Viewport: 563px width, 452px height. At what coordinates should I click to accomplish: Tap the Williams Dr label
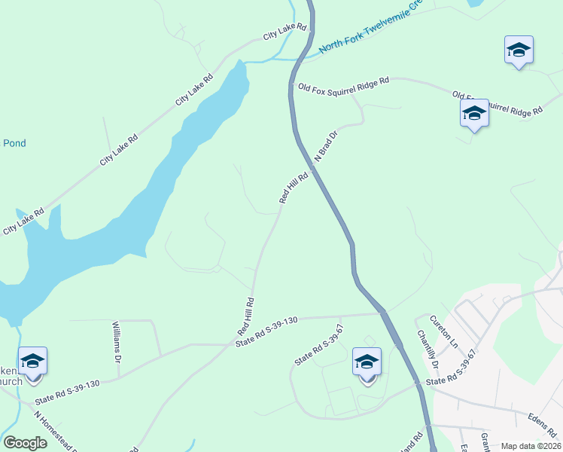click(117, 344)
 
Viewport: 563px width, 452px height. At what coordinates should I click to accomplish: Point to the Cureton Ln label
click(449, 334)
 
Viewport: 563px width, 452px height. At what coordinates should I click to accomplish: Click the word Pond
click(14, 143)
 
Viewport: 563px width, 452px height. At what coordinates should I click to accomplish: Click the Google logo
click(26, 443)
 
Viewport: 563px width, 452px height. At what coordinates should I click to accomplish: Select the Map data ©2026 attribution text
click(530, 446)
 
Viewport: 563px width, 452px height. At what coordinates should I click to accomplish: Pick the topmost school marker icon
click(519, 50)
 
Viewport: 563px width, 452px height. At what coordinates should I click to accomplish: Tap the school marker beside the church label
click(32, 362)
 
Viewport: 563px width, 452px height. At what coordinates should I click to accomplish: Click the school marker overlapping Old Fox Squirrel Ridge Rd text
click(474, 114)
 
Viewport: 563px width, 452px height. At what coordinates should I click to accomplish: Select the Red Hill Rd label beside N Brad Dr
click(294, 188)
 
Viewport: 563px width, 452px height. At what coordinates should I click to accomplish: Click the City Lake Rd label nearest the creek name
click(285, 32)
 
